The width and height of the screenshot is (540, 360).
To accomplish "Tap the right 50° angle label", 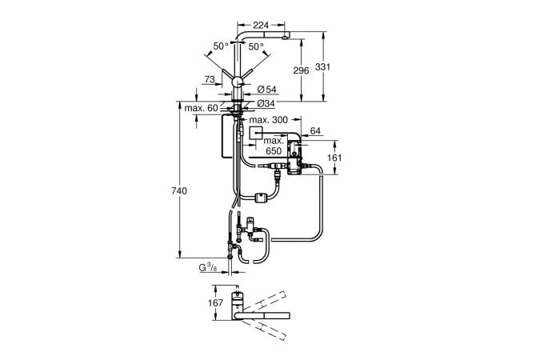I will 256,47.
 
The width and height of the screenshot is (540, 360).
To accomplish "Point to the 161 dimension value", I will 337,158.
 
